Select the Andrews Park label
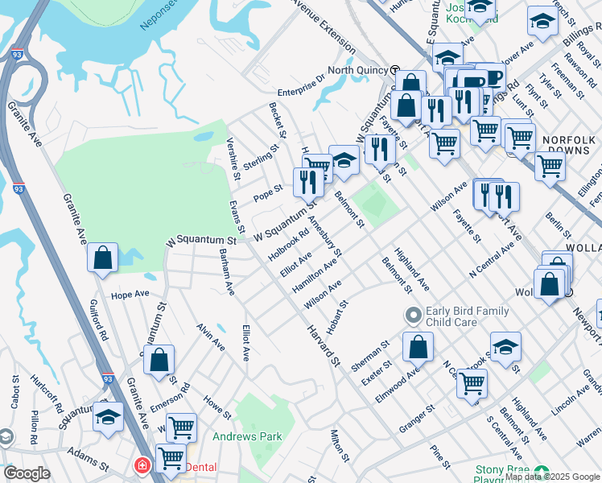247,437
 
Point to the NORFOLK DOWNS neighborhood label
569,145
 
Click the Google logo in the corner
27,473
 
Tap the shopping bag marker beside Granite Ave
103,258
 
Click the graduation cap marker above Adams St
108,418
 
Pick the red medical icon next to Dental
142,466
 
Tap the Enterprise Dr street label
301,79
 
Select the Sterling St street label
261,152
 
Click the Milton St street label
338,445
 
